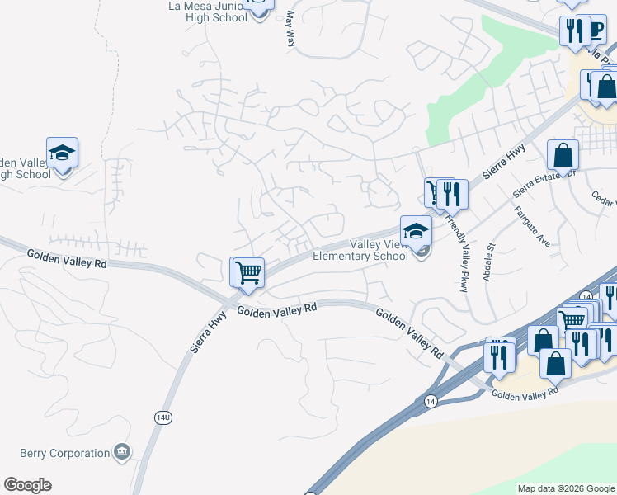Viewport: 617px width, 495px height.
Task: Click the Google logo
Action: coord(27,485)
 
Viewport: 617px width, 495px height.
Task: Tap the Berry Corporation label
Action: coord(65,453)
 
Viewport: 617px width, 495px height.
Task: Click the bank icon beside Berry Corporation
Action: coord(122,451)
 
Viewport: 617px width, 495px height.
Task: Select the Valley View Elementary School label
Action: coord(360,250)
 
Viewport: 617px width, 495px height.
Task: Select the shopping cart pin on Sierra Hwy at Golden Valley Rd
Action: coord(247,271)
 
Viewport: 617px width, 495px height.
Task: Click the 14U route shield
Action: coord(163,418)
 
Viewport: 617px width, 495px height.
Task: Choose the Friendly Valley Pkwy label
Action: coord(456,251)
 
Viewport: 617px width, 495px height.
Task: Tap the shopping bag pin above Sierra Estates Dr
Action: coord(562,154)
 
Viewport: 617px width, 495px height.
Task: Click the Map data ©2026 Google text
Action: coord(566,488)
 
